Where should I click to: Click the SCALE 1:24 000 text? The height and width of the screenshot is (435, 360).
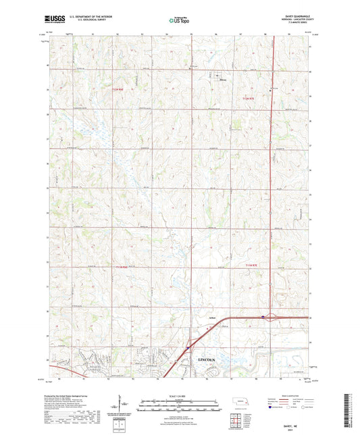179,395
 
